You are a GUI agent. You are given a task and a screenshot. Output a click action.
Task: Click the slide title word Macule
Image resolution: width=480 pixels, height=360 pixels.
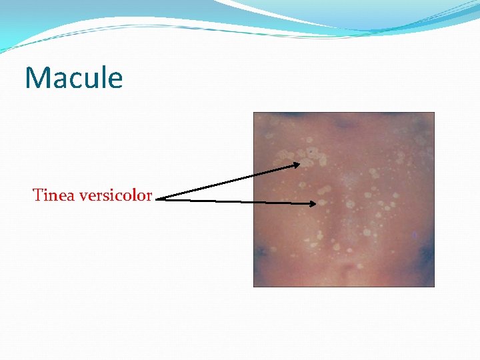pyautogui.click(x=74, y=78)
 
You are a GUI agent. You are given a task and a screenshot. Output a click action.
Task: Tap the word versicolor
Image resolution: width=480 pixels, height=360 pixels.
pyautogui.click(x=115, y=195)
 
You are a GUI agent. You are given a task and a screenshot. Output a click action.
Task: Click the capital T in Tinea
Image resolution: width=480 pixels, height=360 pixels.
pyautogui.click(x=37, y=195)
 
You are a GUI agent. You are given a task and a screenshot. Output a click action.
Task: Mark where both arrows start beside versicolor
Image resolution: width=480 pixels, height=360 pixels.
pyautogui.click(x=164, y=197)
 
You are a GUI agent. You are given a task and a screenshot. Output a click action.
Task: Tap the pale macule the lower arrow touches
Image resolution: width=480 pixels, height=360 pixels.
pyautogui.click(x=321, y=203)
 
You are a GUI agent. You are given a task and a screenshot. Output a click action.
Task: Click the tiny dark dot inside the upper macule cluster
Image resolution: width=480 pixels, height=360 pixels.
pyautogui.click(x=309, y=152)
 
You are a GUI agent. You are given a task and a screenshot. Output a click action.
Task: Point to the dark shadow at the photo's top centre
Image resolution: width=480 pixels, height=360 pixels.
pyautogui.click(x=342, y=123)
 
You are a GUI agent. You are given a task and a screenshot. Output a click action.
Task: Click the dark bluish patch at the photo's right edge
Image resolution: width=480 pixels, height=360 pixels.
pyautogui.click(x=424, y=254)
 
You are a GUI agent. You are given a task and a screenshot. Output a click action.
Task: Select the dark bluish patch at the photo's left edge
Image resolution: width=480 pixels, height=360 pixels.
pyautogui.click(x=260, y=251)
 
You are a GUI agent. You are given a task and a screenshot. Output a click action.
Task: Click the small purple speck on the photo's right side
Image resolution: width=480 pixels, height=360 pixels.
pyautogui.click(x=414, y=235)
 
